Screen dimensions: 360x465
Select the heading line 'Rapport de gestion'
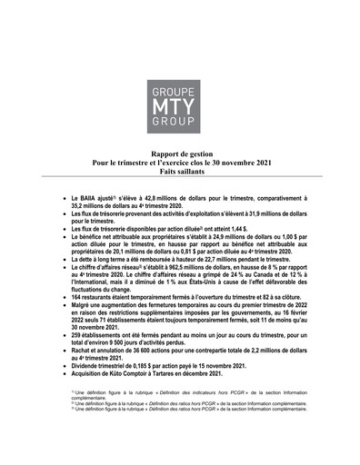pos(180,155)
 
